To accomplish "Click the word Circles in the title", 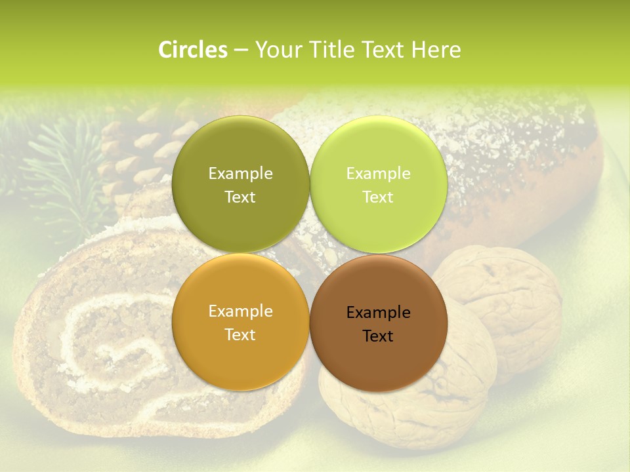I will coord(192,50).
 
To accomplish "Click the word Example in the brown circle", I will coord(378,313).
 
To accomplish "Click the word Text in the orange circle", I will coord(240,335).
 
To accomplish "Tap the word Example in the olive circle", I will coord(240,174).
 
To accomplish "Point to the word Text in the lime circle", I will coord(378,197).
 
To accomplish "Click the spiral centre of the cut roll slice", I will coord(121,354).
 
